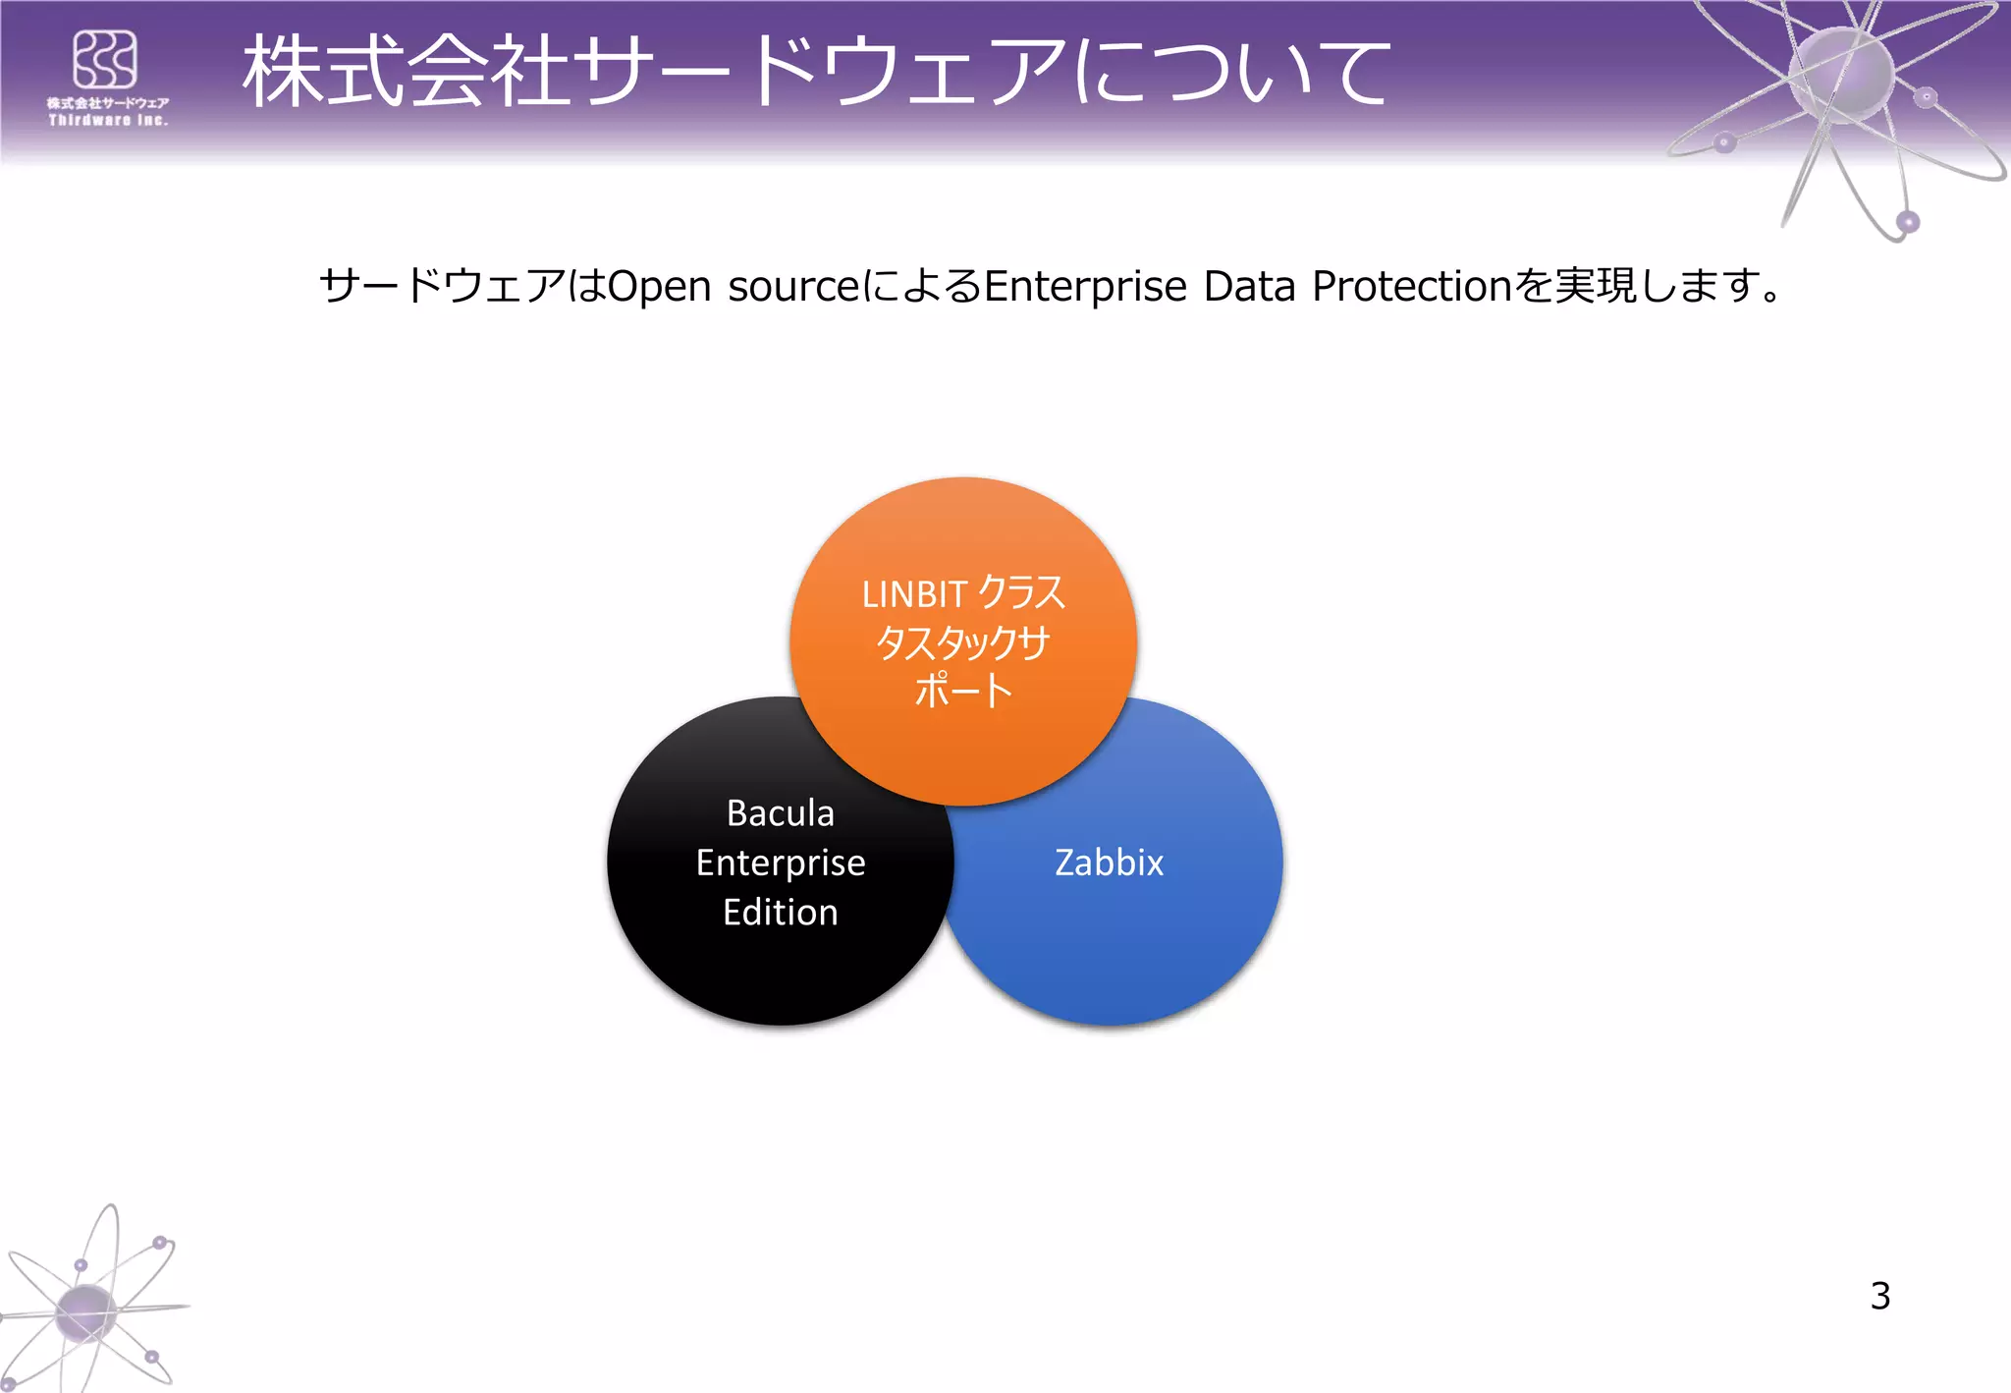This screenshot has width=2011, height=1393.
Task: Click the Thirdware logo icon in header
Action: [105, 60]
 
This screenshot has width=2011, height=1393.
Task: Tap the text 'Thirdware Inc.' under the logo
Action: [109, 121]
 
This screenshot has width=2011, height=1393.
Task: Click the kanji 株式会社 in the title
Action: [405, 71]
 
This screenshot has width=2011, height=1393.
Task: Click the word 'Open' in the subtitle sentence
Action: [659, 287]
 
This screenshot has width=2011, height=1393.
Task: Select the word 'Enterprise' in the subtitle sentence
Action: [1085, 287]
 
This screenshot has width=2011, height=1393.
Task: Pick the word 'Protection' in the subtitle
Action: [1412, 287]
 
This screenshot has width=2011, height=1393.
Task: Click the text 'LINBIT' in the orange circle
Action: [914, 594]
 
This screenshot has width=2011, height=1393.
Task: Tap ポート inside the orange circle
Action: [963, 690]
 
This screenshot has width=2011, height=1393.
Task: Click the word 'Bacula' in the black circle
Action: [781, 813]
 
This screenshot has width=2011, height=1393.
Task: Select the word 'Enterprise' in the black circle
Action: [781, 863]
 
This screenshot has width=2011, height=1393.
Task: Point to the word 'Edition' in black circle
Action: [781, 913]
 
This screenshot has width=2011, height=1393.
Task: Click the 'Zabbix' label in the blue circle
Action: [1109, 863]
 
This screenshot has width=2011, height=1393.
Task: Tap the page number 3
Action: [1879, 1296]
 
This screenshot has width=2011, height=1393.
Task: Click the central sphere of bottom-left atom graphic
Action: [86, 1311]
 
